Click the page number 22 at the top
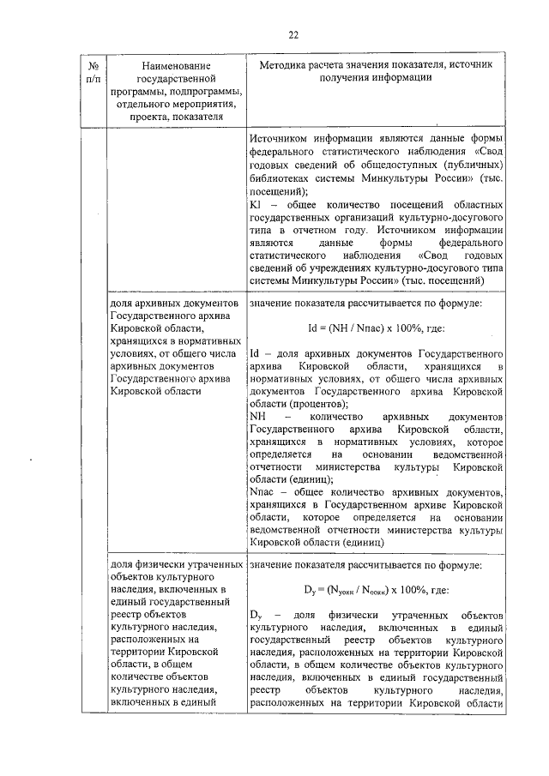coord(293,35)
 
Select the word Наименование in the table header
coord(177,65)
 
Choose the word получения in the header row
coord(341,78)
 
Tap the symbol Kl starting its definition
coord(255,205)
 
